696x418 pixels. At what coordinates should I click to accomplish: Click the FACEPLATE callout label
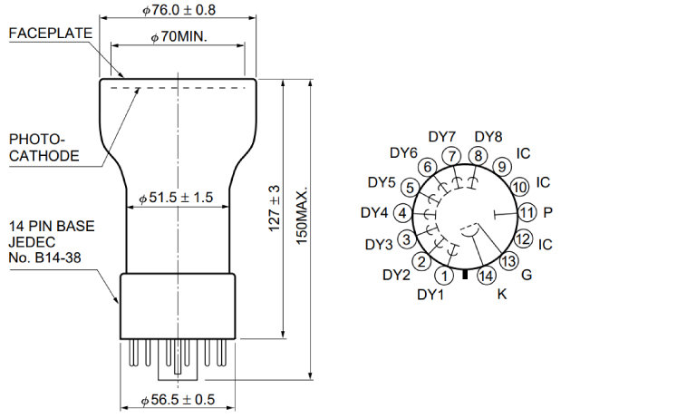[x=51, y=34]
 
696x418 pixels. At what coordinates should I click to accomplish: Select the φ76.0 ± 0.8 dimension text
[x=179, y=10]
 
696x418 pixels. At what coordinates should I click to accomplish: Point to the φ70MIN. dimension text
[x=179, y=36]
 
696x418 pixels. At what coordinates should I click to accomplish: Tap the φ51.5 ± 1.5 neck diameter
[x=176, y=198]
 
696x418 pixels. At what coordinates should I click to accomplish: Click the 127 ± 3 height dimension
[x=275, y=208]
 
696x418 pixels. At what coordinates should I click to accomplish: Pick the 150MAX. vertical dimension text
[x=302, y=216]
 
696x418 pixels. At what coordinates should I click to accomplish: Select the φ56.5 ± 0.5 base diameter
[x=178, y=400]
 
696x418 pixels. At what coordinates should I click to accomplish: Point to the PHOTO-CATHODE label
[x=43, y=148]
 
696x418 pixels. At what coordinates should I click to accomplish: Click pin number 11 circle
[x=526, y=213]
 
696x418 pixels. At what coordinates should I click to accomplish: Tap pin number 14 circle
[x=487, y=276]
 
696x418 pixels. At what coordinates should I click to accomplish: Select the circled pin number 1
[x=444, y=276]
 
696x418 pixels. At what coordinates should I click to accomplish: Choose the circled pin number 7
[x=452, y=156]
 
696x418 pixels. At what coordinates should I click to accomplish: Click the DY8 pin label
[x=488, y=137]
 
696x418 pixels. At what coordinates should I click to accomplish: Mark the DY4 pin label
[x=374, y=213]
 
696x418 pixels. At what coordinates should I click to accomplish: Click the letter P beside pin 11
[x=547, y=213]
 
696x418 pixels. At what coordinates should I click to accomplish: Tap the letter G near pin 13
[x=527, y=275]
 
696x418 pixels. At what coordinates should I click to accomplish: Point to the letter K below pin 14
[x=502, y=294]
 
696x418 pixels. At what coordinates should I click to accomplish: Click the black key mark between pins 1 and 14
[x=465, y=274]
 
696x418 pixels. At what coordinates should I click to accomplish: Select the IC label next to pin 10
[x=543, y=182]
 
